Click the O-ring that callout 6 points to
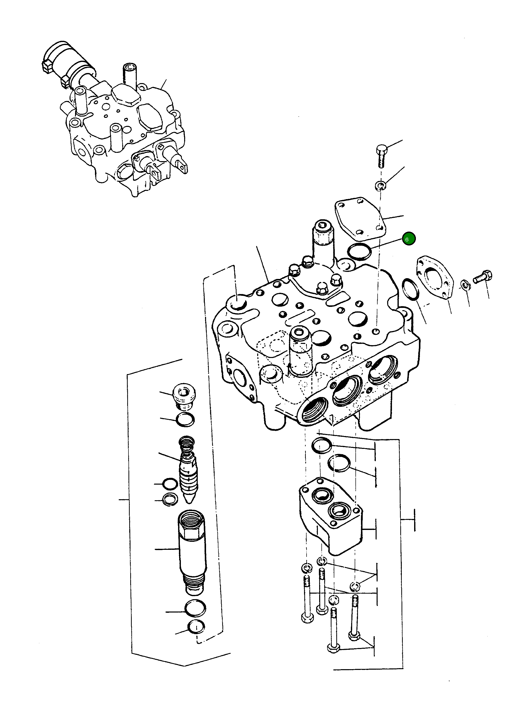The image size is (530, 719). point(359,252)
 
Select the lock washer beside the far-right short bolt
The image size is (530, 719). point(464,284)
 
